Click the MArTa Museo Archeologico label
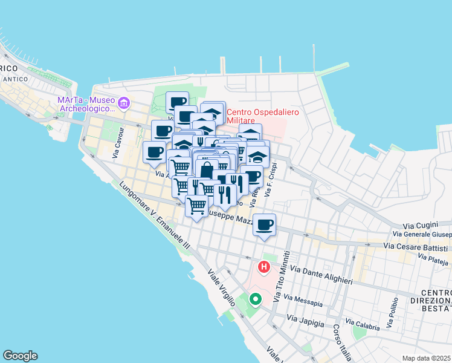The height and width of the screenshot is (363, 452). click(x=86, y=104)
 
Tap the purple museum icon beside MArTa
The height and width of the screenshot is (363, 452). click(x=124, y=103)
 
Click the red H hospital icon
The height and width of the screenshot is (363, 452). click(x=264, y=266)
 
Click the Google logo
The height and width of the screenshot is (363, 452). click(x=20, y=356)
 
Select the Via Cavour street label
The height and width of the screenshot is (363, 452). click(x=118, y=143)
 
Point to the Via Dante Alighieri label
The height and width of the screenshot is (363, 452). click(x=321, y=274)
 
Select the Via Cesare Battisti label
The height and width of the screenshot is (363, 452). click(x=417, y=247)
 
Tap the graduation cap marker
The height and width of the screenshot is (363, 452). click(x=258, y=157)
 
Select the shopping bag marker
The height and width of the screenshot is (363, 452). click(x=207, y=171)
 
